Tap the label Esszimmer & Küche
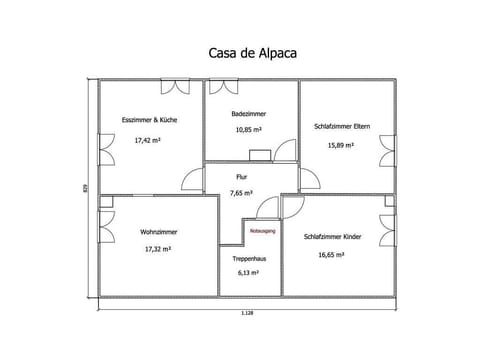coord(149,120)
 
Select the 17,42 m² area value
coord(148,141)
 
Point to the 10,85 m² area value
coord(248,130)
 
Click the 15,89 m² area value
coord(342,145)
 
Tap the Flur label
coord(241,176)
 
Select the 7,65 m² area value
coord(241,192)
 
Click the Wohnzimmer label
coord(159,231)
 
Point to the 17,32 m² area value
coord(158,248)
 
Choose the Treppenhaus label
coord(249,258)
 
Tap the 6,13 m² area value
coord(248,272)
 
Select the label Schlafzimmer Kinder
coord(333,237)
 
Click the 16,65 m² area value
coord(332,255)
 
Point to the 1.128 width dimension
coord(246,313)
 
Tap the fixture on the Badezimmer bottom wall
coord(260,155)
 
